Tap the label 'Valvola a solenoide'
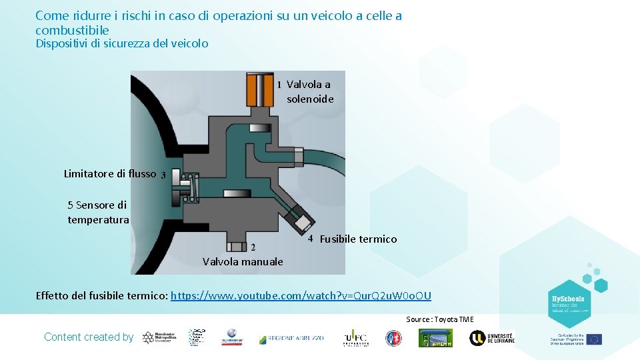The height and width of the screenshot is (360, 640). pyautogui.click(x=309, y=92)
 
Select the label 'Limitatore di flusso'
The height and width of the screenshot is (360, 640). pyautogui.click(x=110, y=174)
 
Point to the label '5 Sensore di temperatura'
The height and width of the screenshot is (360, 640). pyautogui.click(x=98, y=212)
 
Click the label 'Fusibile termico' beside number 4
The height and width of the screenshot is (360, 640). pyautogui.click(x=358, y=239)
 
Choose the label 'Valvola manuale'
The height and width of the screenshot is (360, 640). pyautogui.click(x=243, y=262)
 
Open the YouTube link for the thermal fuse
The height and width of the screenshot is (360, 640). pyautogui.click(x=301, y=296)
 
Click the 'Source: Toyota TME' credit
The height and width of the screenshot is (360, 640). pyautogui.click(x=440, y=319)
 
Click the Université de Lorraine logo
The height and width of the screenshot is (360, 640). pyautogui.click(x=491, y=338)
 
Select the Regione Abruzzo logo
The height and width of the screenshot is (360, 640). pyautogui.click(x=291, y=338)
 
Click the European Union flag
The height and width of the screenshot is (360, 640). pyautogui.click(x=594, y=339)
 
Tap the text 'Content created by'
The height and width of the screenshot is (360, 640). pyautogui.click(x=89, y=337)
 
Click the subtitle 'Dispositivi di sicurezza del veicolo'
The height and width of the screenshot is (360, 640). pyautogui.click(x=122, y=44)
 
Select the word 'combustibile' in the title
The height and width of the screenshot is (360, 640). pyautogui.click(x=72, y=31)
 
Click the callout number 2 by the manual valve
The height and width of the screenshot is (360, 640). pyautogui.click(x=253, y=248)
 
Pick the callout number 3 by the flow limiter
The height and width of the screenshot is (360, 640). pyautogui.click(x=163, y=175)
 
